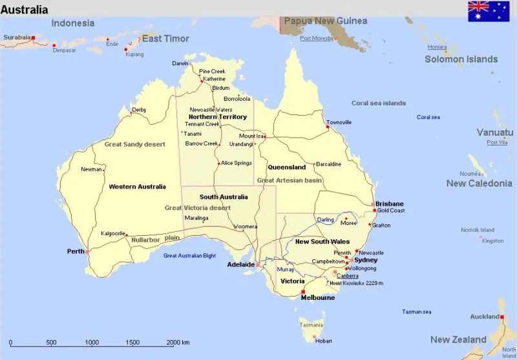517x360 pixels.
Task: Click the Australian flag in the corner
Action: [488, 11]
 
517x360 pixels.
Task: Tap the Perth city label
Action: [75, 251]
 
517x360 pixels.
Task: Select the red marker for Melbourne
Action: [302, 291]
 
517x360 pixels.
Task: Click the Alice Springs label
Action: [236, 163]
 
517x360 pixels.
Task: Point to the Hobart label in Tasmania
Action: [324, 341]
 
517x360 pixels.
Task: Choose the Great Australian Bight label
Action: [189, 255]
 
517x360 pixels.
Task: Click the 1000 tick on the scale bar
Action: [92, 343]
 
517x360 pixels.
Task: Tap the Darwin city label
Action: [180, 63]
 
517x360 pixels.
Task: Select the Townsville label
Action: [339, 122]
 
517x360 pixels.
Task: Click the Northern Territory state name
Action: [218, 117]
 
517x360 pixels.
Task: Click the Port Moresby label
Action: [316, 38]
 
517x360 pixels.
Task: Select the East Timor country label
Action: [165, 39]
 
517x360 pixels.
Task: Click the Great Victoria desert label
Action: [197, 208]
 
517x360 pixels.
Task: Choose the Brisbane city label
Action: [389, 204]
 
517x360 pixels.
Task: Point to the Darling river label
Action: [326, 220]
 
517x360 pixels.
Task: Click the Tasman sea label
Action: [416, 312]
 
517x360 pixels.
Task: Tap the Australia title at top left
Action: [25, 10]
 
